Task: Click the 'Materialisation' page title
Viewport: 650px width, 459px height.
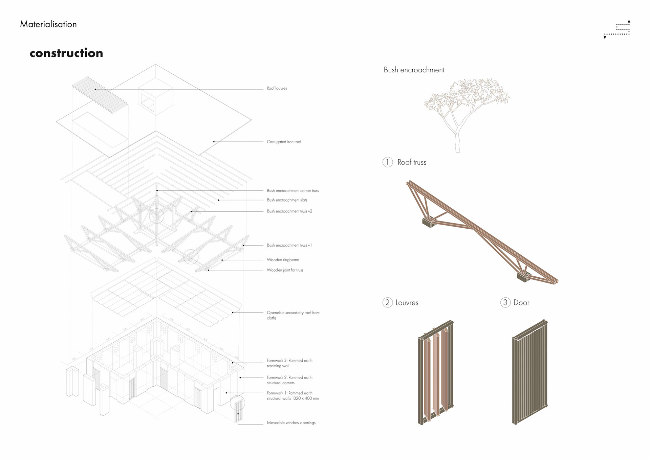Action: coord(48,24)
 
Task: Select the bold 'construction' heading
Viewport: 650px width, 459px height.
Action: coord(66,53)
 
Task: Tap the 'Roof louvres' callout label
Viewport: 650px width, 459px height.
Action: coord(277,88)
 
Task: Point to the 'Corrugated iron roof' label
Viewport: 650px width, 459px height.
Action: coord(284,142)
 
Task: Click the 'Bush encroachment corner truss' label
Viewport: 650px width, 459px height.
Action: coord(292,191)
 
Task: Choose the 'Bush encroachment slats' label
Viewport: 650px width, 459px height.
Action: coord(287,200)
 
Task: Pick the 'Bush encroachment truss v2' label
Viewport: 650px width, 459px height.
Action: coord(289,211)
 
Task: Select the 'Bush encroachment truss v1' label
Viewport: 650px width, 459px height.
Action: coord(289,245)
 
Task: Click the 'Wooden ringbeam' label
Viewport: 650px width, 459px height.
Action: coord(283,260)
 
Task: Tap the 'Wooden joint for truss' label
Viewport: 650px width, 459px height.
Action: coord(285,270)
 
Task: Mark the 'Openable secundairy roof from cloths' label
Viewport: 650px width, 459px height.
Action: coord(293,315)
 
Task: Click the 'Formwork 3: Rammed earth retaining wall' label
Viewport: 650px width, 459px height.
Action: coord(289,363)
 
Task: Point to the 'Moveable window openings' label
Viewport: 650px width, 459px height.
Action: coord(291,423)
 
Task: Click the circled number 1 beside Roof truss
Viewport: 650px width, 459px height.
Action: coord(388,162)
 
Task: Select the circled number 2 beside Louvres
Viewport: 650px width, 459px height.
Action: coord(387,302)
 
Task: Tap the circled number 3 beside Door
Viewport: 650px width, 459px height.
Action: coord(505,302)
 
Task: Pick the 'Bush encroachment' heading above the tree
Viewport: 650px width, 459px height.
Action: coord(414,70)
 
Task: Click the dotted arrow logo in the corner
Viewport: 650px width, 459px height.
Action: coord(617,29)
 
